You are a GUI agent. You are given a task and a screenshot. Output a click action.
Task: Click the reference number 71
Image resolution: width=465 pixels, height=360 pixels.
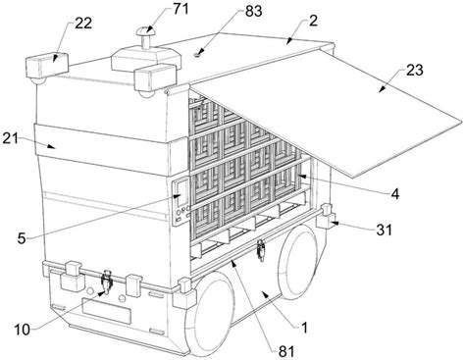181,9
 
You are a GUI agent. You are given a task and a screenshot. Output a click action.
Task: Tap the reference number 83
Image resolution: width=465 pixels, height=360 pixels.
253,11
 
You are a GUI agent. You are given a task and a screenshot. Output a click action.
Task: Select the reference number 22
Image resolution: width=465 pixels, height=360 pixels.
83,24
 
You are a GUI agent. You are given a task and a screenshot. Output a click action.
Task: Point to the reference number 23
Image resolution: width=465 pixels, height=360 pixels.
415,70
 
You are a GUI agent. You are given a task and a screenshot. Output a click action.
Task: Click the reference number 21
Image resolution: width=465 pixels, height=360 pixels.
11,139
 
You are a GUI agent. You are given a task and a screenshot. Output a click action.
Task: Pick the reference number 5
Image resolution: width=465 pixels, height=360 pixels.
22,238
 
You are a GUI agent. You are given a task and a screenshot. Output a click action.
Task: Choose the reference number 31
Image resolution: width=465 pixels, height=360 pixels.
384,231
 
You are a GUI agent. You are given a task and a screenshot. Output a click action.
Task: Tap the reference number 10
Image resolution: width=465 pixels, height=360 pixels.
23,330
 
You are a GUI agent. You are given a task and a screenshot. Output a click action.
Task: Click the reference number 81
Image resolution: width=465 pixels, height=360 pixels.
286,351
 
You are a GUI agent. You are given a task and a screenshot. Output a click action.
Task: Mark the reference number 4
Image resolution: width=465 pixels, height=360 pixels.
395,194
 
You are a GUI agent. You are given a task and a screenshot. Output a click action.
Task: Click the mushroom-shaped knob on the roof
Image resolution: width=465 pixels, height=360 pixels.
146,38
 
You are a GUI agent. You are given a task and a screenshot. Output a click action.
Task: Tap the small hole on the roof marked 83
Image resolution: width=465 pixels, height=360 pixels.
197,55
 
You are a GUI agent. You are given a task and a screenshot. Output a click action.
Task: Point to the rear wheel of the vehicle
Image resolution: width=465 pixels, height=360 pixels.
298,263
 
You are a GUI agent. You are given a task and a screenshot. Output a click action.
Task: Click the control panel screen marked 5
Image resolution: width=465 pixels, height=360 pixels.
181,194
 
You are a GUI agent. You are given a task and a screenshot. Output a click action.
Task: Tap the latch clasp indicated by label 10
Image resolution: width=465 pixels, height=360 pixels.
106,283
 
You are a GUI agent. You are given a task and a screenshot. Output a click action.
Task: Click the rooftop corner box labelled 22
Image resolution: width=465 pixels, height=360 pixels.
46,67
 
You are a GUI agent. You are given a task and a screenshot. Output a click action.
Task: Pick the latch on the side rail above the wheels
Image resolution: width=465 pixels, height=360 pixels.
261,250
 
